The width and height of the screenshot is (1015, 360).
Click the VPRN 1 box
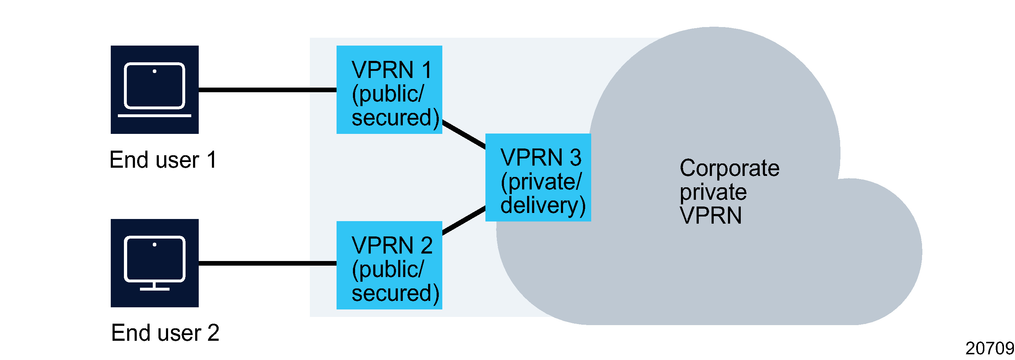[x=389, y=89]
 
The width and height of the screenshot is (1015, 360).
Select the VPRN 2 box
[x=389, y=265]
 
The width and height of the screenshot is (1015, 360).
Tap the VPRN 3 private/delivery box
[x=538, y=177]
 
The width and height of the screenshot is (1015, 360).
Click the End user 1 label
[x=163, y=160]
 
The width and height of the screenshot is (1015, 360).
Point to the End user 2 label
[x=165, y=333]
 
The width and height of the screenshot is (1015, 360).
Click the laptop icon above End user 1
[x=155, y=89]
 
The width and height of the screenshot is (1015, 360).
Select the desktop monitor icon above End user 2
[x=155, y=263]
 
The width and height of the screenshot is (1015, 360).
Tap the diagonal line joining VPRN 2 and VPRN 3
[x=464, y=220]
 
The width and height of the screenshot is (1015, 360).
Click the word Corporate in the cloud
[x=729, y=168]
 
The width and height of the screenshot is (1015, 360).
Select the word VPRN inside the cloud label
[x=710, y=215]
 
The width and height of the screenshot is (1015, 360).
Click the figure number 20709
[x=989, y=348]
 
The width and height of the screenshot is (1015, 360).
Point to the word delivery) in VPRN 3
[x=542, y=205]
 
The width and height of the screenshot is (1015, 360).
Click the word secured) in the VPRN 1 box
[x=395, y=118]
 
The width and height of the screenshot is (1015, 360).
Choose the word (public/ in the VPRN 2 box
[x=388, y=270]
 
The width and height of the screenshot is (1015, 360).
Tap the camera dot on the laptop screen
[x=155, y=71]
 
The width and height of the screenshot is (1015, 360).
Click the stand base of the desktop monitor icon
[x=155, y=289]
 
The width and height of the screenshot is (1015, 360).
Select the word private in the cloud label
[x=713, y=192]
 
